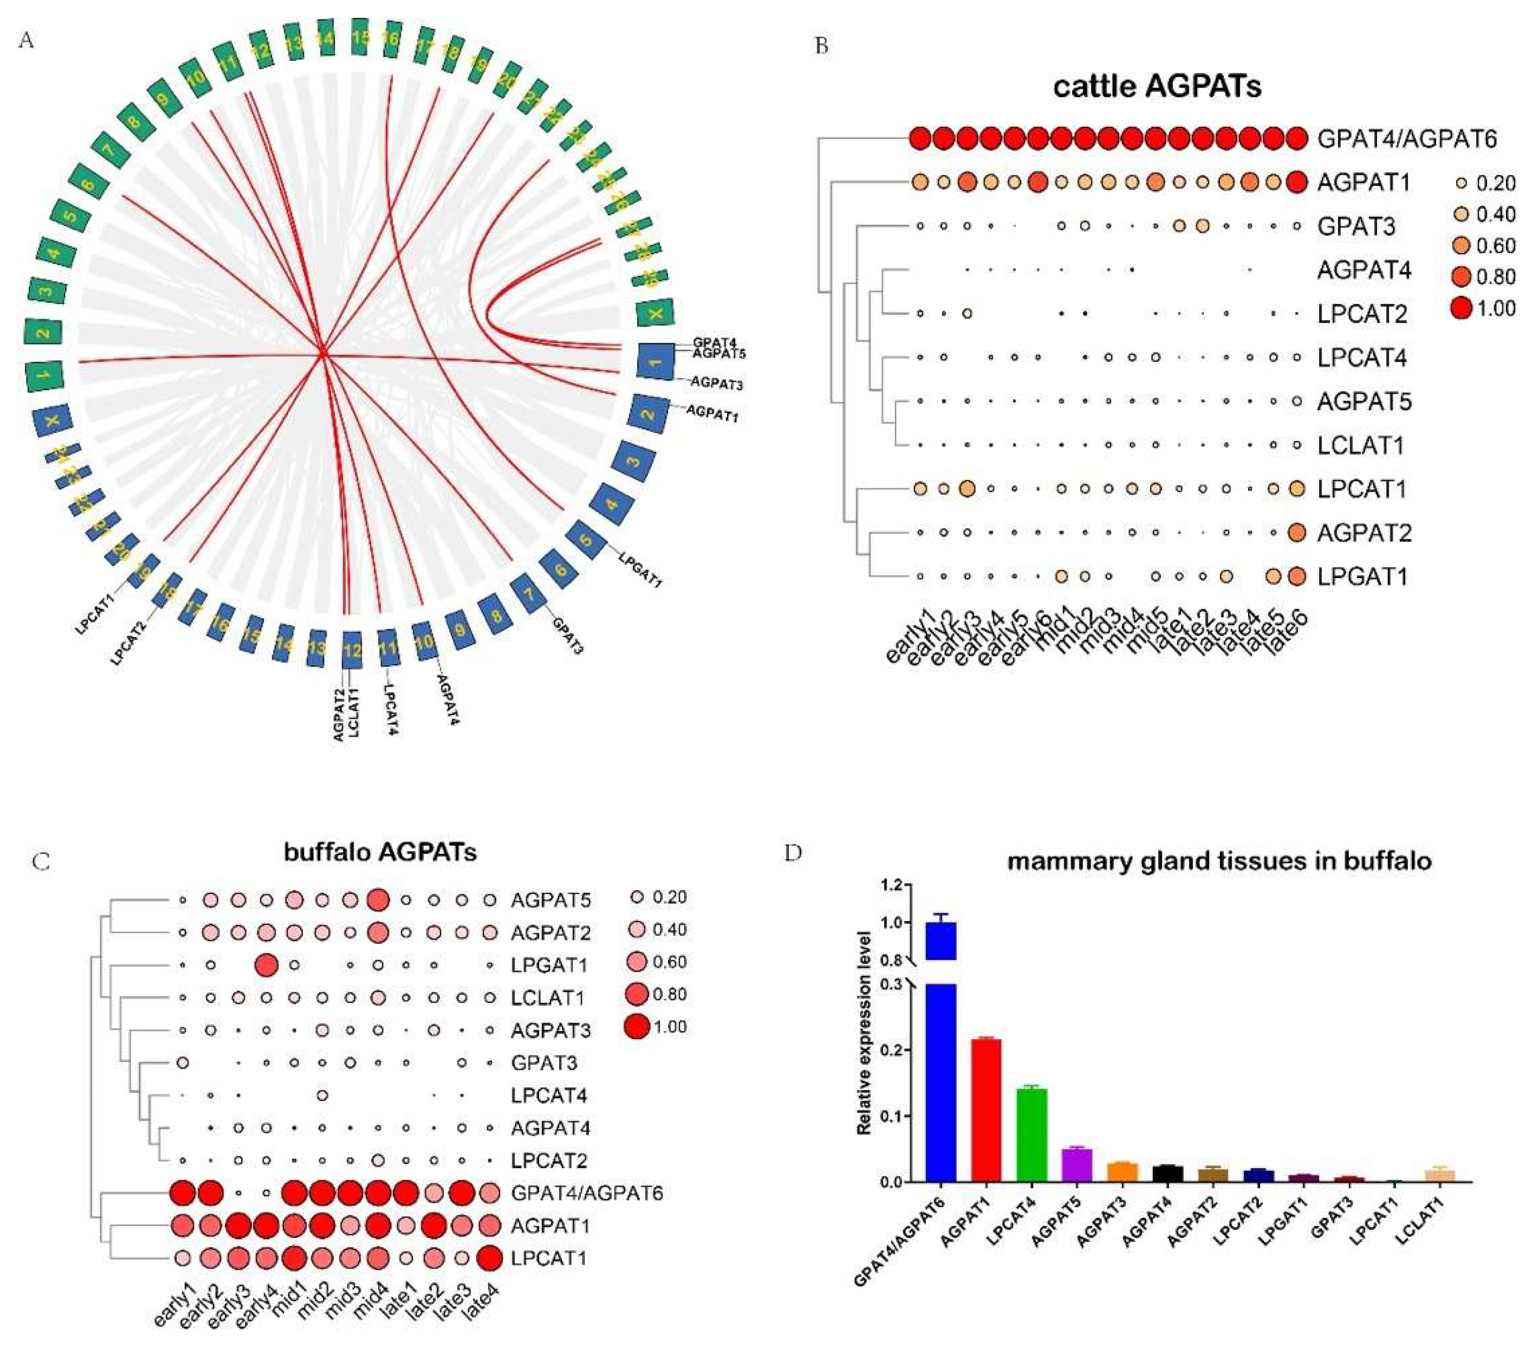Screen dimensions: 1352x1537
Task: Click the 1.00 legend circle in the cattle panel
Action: (1461, 308)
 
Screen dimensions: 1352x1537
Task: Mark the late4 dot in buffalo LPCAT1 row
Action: (489, 1257)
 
